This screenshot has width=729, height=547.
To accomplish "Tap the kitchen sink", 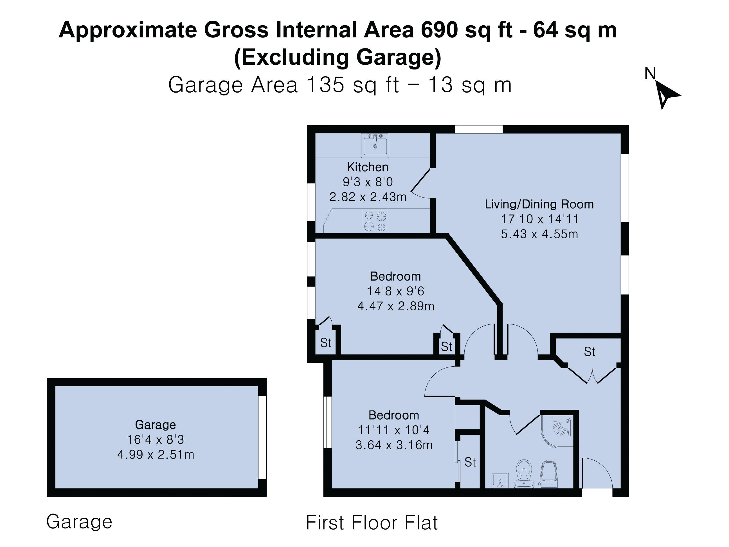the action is pos(375,145).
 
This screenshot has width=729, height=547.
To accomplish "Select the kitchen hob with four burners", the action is pos(375,221).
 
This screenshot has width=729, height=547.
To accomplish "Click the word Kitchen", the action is pos(368,167).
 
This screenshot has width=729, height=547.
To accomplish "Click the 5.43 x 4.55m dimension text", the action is pos(539,234).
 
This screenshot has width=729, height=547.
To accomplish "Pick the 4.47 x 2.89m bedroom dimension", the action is pos(396,306).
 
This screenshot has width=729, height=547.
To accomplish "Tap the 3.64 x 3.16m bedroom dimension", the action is pos(394,445).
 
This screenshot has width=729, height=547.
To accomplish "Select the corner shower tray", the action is pos(557,431).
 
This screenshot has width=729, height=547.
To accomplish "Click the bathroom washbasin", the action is pos(500,480).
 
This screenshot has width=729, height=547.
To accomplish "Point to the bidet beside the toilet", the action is pos(548,474).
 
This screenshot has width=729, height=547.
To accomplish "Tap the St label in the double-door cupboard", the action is pos(589,352).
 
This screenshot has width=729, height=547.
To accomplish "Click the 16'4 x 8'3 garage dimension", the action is pos(156,440).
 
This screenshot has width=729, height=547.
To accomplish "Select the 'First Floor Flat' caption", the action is pos(372,522).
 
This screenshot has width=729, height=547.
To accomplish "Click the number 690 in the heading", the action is pos(439,30).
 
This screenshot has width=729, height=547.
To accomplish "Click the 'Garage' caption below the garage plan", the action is pos(79,522).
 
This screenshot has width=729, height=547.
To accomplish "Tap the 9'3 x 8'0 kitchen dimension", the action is pos(368,182).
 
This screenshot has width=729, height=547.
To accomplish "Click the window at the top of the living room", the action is pos(479,129).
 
